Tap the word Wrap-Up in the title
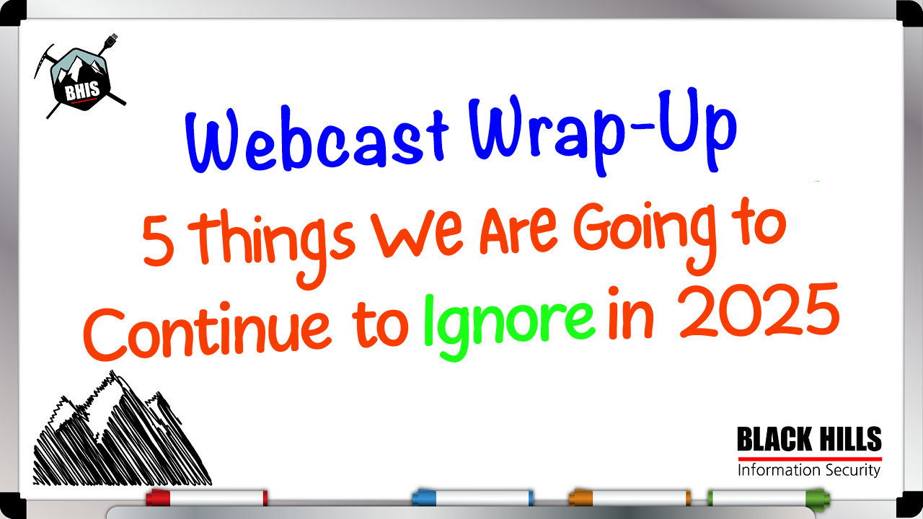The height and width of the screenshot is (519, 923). [602, 132]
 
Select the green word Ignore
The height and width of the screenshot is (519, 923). [509, 327]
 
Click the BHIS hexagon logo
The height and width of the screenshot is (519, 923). [80, 77]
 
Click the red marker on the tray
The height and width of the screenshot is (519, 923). [207, 497]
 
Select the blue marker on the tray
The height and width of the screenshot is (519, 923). [472, 497]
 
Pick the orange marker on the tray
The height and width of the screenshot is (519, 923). [630, 497]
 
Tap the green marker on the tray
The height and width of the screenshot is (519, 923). [769, 497]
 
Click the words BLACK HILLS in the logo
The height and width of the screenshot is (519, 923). [809, 439]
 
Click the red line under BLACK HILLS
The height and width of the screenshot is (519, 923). [810, 459]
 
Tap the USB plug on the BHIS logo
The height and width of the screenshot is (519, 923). [111, 40]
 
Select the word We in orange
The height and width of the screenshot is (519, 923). [418, 236]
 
